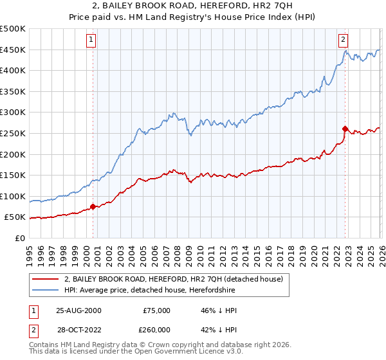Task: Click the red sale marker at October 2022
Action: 345,129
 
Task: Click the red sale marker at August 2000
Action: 93,206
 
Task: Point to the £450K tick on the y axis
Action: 13,50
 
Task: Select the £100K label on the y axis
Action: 13,196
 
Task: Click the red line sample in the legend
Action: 45,279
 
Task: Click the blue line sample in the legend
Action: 45,291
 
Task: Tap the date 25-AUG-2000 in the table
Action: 78,310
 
